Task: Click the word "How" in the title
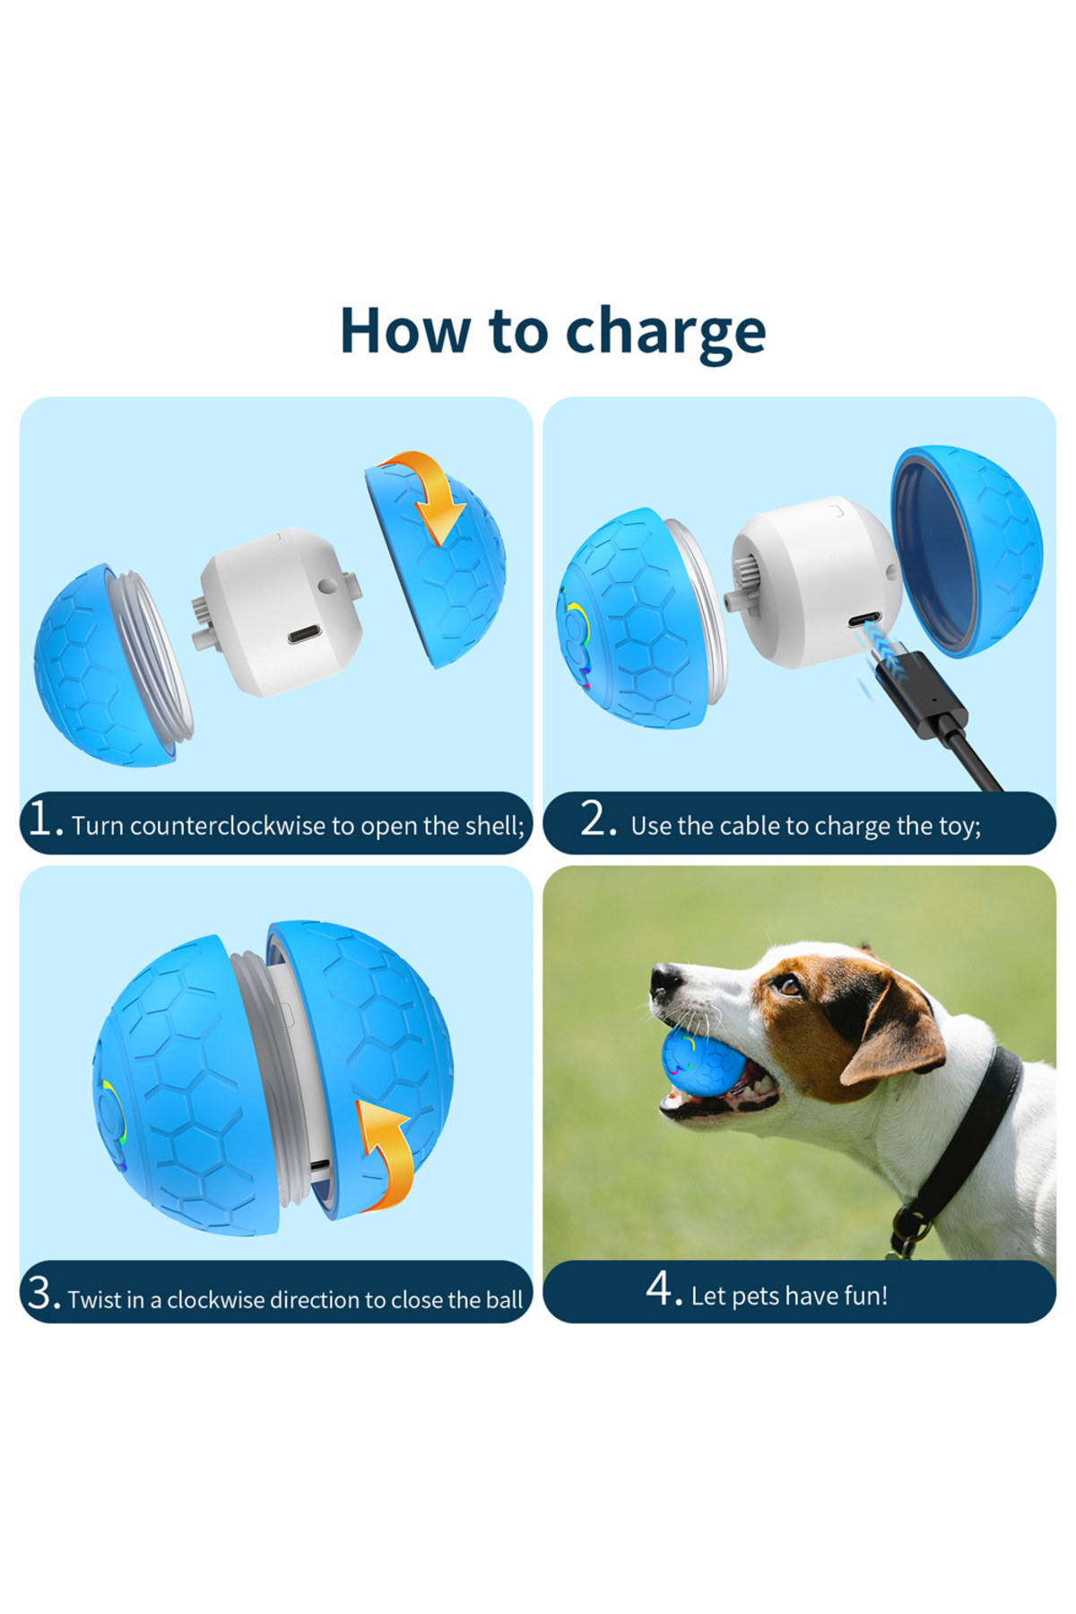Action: pos(405,331)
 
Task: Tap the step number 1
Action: pos(42,818)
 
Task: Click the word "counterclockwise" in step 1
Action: pos(228,826)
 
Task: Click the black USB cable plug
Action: pos(919,696)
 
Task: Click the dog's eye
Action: pos(788,985)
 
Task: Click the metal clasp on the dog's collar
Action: pos(907,1231)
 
